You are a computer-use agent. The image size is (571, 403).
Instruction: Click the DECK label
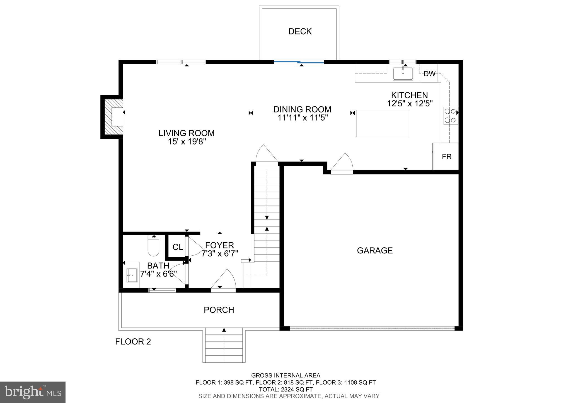tap(300, 31)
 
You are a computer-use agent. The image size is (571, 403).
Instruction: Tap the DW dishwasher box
tap(429, 74)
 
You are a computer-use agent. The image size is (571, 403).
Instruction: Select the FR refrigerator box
tap(446, 157)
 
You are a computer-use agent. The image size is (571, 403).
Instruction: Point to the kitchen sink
tap(403, 74)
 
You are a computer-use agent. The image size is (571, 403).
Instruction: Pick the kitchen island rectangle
tap(382, 124)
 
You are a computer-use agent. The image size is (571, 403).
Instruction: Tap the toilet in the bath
tap(153, 246)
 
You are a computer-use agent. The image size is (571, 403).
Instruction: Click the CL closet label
tap(178, 247)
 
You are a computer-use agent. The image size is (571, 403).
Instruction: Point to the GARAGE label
tap(375, 251)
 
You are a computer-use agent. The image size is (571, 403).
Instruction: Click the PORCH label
tap(219, 310)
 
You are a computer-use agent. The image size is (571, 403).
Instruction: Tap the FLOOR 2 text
tap(133, 342)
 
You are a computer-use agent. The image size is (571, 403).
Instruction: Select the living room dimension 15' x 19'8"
tap(187, 142)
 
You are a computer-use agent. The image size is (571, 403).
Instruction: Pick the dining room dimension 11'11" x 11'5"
tap(302, 118)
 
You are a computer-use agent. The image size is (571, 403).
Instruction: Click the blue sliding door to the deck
tap(299, 62)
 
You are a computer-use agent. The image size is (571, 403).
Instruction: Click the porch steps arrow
tap(224, 330)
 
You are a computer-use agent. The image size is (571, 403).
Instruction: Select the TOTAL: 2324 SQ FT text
tap(285, 389)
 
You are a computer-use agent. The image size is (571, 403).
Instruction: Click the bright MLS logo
tap(33, 392)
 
